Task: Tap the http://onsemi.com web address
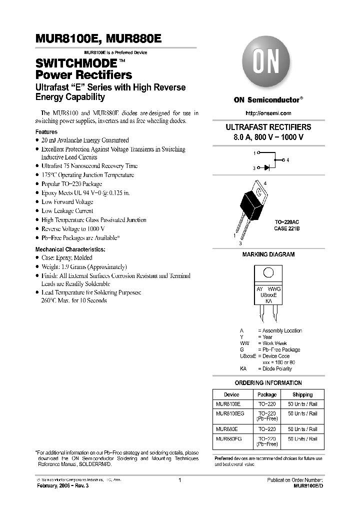coord(269,113)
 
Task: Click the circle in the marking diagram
coord(268,272)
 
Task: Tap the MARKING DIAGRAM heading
coord(268,254)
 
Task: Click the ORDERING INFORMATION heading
coord(268,383)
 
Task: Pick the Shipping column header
coord(302,394)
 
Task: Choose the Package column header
coord(266,394)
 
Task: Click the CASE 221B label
coord(287,228)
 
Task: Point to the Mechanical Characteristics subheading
coord(70,249)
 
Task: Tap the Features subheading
coord(46,132)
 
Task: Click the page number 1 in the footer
coord(179,480)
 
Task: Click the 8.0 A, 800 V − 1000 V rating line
coord(268,136)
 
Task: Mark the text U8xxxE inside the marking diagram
coord(268,295)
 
